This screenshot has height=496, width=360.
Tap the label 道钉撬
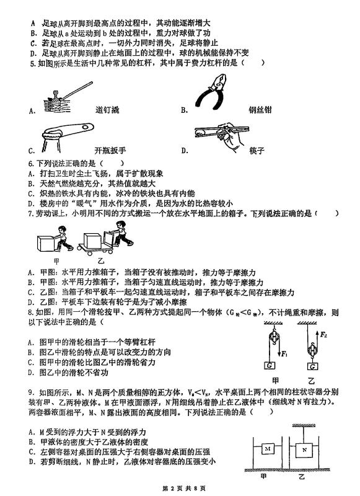pyautogui.click(x=107, y=110)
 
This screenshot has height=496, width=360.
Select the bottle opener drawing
pyautogui.click(x=68, y=136)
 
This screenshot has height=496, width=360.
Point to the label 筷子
pyautogui.click(x=257, y=151)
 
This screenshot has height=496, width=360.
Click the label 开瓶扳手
pyautogui.click(x=110, y=150)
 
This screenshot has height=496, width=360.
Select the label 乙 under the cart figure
pyautogui.click(x=101, y=260)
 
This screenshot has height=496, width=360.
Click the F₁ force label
pyautogui.click(x=284, y=354)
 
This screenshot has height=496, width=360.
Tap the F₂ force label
pyautogui.click(x=323, y=334)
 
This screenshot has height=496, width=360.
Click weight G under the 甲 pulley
pyautogui.click(x=270, y=365)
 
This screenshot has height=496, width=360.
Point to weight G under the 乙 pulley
pyautogui.click(x=312, y=366)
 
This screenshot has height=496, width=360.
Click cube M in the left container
pyautogui.click(x=268, y=448)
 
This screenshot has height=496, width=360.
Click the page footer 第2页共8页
pyautogui.click(x=183, y=489)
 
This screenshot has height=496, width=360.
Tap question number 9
pyautogui.click(x=32, y=392)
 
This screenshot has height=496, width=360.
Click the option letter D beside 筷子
pyautogui.click(x=185, y=151)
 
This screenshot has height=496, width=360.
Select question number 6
pyautogui.click(x=32, y=164)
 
